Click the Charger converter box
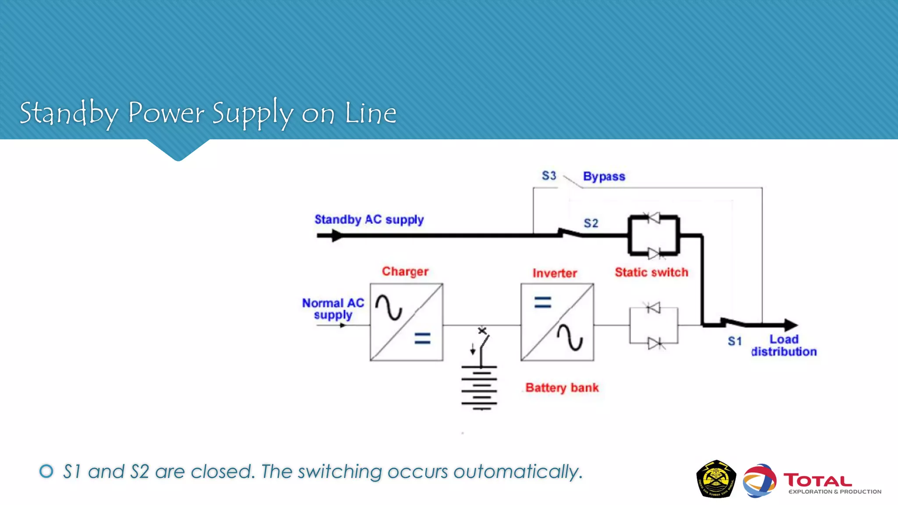406,322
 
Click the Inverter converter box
557,322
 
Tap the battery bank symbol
479,388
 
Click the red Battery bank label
562,388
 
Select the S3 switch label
549,176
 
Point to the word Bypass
604,176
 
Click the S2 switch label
591,223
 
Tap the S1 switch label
734,341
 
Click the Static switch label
651,272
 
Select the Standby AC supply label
369,219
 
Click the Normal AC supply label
333,309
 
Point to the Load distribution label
784,345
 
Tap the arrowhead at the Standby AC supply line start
337,235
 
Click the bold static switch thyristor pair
653,235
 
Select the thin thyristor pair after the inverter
653,325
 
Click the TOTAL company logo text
817,480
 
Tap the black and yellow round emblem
716,479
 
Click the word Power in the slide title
166,113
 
